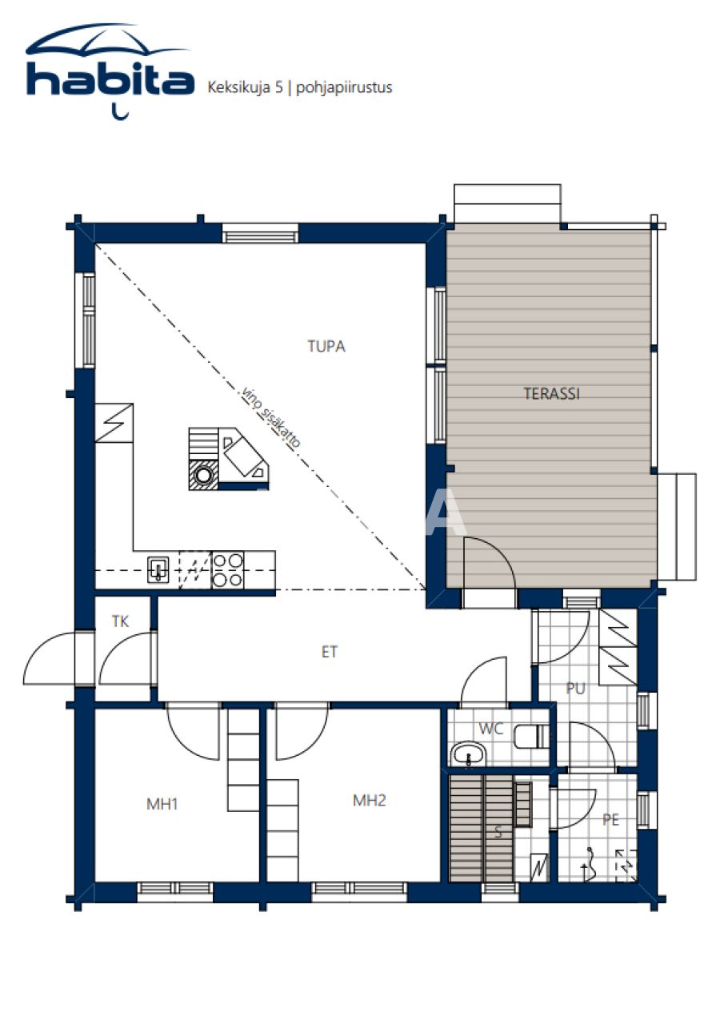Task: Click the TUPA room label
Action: pyautogui.click(x=326, y=347)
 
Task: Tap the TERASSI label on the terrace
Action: pyautogui.click(x=551, y=393)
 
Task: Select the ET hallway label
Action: pyautogui.click(x=329, y=652)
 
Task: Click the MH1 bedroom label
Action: pyautogui.click(x=162, y=804)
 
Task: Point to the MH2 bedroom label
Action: pyautogui.click(x=369, y=800)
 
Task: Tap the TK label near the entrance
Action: pyautogui.click(x=120, y=621)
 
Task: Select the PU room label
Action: pyautogui.click(x=575, y=688)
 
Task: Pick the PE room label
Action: pyautogui.click(x=610, y=819)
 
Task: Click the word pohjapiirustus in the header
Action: pyautogui.click(x=344, y=87)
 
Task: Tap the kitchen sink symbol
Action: pyautogui.click(x=158, y=570)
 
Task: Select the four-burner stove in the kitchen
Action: pyautogui.click(x=227, y=570)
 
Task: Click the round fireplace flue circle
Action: pyautogui.click(x=205, y=476)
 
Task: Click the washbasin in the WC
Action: pyautogui.click(x=468, y=754)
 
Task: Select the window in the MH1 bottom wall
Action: pyautogui.click(x=174, y=890)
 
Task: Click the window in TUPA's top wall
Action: pyautogui.click(x=260, y=235)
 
